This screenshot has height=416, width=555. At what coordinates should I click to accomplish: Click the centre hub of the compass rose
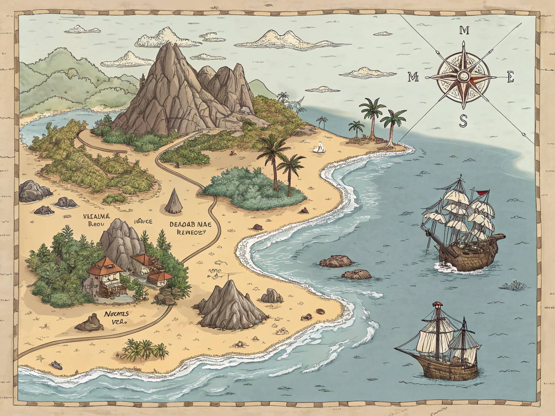click(x=463, y=76)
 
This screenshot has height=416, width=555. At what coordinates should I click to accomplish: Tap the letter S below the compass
click(x=464, y=120)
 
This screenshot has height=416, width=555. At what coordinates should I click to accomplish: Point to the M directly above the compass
click(x=464, y=30)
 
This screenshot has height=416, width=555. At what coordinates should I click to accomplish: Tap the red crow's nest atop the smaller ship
click(x=437, y=304)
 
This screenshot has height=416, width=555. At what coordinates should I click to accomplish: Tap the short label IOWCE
click(x=143, y=221)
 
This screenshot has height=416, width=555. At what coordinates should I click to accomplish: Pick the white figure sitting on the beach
click(x=319, y=147)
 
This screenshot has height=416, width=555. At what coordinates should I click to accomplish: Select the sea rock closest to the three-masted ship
click(x=335, y=261)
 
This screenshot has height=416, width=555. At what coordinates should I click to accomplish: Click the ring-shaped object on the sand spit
click(x=320, y=312)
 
